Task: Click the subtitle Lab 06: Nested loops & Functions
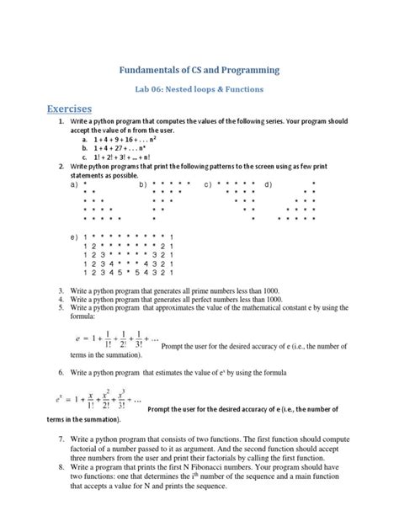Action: (x=199, y=88)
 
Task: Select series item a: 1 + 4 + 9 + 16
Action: (x=114, y=141)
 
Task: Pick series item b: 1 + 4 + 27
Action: (x=109, y=149)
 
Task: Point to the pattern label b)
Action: (x=144, y=184)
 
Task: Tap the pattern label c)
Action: (x=207, y=184)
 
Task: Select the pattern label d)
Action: (x=268, y=184)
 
